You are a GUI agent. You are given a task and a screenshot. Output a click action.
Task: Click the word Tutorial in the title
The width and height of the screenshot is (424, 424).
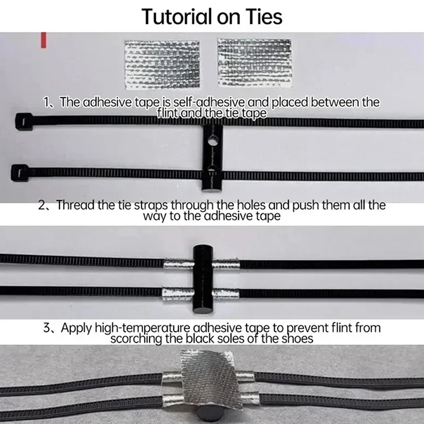[x=176, y=17]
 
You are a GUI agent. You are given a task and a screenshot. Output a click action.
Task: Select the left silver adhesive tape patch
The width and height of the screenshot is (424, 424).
[x=162, y=65]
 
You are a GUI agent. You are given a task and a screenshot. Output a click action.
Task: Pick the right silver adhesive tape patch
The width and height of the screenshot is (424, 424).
[x=254, y=63]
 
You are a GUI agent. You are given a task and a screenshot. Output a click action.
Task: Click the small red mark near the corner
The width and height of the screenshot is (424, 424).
[x=43, y=40]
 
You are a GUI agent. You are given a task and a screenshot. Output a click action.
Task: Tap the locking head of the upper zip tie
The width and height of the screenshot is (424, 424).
[x=24, y=122]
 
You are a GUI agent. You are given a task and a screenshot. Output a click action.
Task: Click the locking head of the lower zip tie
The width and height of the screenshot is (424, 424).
[x=20, y=173]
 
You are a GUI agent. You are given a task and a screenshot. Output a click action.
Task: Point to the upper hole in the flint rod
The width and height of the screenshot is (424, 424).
[x=213, y=140]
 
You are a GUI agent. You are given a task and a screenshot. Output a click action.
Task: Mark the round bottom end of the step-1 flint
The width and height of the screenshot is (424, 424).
[x=212, y=189]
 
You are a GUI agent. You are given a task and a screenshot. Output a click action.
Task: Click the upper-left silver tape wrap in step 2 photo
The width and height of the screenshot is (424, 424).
[x=179, y=263]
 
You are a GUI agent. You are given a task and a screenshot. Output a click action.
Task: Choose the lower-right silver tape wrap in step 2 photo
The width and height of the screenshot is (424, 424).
[x=226, y=294]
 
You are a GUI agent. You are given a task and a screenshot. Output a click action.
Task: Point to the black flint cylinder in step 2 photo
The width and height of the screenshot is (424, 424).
[x=203, y=280]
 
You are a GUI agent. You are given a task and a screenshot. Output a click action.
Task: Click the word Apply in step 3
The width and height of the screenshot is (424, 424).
[x=76, y=328]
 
